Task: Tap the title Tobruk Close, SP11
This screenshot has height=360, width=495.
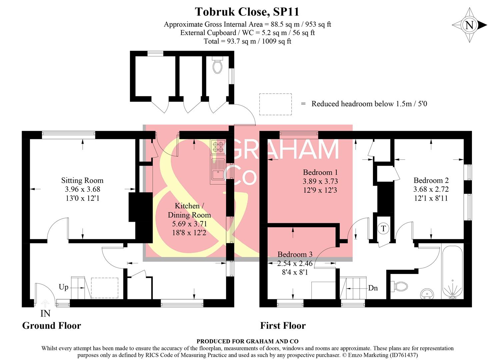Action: tap(247, 12)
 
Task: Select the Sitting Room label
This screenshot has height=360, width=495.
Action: tap(82, 181)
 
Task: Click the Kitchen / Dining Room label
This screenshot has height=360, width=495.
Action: tap(189, 210)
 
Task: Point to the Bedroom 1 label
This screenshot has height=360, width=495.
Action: tap(320, 172)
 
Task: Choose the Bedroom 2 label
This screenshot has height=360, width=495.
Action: tap(431, 180)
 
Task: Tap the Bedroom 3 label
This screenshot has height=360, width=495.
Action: tap(295, 254)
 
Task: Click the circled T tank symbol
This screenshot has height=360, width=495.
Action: tap(383, 229)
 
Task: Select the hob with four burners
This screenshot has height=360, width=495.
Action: tap(218, 147)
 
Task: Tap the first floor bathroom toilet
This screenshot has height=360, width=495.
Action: tap(399, 287)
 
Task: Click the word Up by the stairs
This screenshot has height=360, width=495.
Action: tap(63, 287)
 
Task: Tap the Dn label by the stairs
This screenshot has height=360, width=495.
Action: tap(373, 288)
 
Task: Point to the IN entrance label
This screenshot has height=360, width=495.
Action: tap(45, 314)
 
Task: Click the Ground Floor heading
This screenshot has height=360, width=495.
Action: tap(51, 326)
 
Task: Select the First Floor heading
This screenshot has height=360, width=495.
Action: tap(283, 326)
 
